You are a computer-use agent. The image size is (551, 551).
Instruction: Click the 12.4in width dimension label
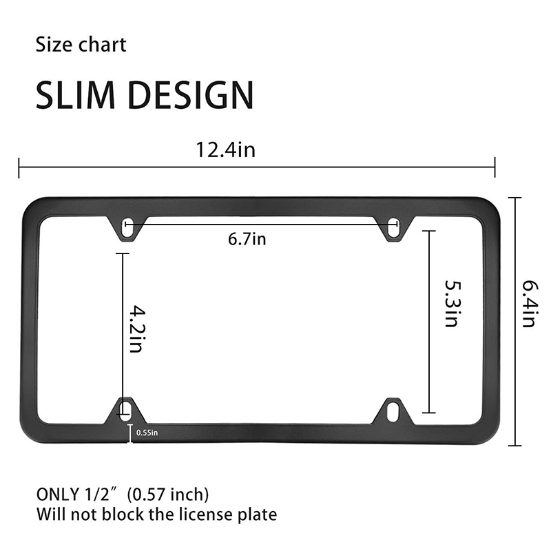[226, 149]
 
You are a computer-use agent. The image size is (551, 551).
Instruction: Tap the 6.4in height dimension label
[529, 304]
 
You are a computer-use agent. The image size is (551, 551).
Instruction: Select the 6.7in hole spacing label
[247, 239]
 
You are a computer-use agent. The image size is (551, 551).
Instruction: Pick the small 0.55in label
[147, 433]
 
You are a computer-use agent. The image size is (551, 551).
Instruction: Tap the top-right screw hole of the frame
[393, 229]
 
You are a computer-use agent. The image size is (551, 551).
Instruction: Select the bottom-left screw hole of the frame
[125, 410]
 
